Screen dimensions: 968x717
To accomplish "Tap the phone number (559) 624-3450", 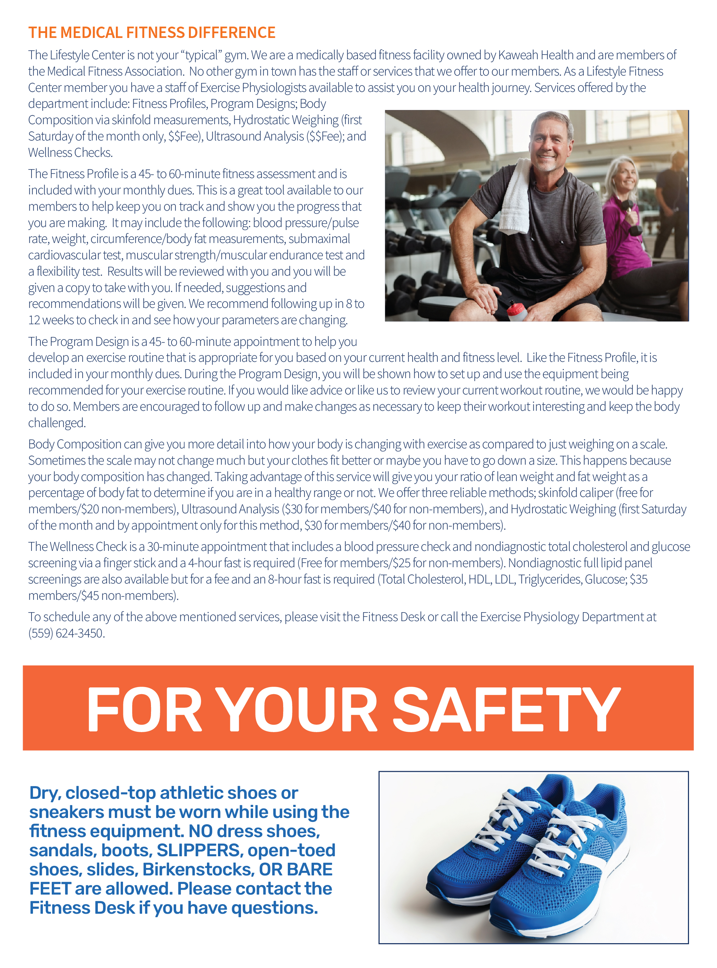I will [x=66, y=633].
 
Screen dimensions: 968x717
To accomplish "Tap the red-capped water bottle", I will [x=516, y=310].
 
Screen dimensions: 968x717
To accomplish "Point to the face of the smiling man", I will [x=549, y=145].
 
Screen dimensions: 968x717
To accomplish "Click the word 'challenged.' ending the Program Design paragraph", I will [x=57, y=422].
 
